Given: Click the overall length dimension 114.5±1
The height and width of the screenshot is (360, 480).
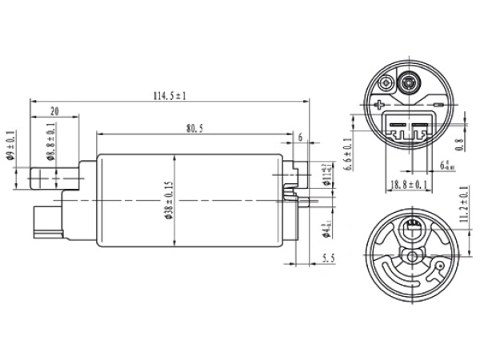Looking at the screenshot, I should [x=169, y=95].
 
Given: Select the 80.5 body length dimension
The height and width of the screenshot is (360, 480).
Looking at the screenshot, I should [x=193, y=127].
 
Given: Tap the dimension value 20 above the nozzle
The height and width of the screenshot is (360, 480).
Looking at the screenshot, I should [x=53, y=111].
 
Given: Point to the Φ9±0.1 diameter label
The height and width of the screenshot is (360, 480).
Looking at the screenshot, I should [x=10, y=146].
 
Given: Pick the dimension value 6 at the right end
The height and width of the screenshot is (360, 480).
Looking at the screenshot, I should [x=300, y=138].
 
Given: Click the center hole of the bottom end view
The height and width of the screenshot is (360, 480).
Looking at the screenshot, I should [x=412, y=255].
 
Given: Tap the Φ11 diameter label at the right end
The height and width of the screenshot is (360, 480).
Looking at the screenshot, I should [x=326, y=174].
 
